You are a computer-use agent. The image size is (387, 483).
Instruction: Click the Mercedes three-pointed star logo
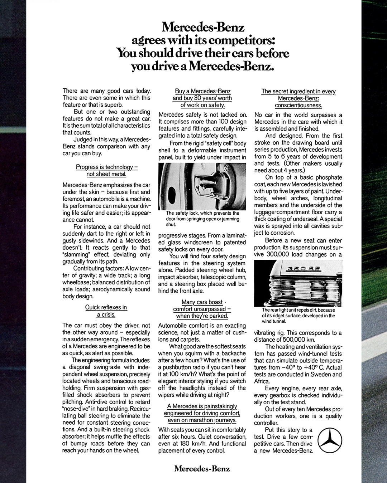pyautogui.click(x=330, y=440)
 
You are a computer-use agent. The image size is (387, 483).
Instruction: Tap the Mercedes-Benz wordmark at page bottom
pyautogui.click(x=202, y=469)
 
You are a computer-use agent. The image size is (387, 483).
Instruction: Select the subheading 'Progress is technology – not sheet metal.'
pyautogui.click(x=106, y=170)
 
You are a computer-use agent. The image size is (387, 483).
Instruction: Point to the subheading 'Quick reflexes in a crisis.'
pyautogui.click(x=106, y=311)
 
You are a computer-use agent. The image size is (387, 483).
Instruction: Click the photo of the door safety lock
pyautogui.click(x=202, y=186)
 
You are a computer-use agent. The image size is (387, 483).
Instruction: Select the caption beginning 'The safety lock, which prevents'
pyautogui.click(x=202, y=218)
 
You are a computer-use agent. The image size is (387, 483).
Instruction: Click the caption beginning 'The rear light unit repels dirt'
pyautogui.click(x=298, y=316)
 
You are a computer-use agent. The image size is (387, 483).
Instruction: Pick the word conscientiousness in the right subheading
pyautogui.click(x=298, y=105)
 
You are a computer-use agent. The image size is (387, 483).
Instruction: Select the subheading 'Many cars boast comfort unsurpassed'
pyautogui.click(x=202, y=309)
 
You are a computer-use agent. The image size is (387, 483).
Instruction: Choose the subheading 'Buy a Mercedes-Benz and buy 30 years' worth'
pyautogui.click(x=202, y=98)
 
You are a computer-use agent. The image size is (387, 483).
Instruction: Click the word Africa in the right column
pyautogui.click(x=262, y=381)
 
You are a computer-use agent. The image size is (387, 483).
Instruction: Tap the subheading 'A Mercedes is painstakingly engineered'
pyautogui.click(x=202, y=413)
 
